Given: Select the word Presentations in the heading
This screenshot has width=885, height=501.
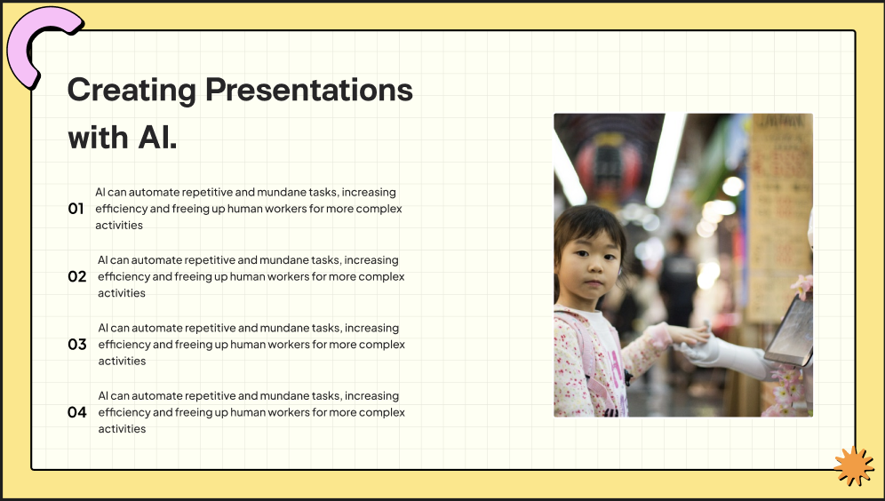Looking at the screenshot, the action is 309,89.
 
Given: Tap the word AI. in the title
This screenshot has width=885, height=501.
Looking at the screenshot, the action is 157,137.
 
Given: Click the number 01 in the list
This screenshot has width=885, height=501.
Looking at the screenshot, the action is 76,209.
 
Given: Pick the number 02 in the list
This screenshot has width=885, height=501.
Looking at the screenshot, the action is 77,276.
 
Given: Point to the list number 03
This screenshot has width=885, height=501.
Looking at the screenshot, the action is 77,344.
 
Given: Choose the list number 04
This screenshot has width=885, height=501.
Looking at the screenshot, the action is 77,412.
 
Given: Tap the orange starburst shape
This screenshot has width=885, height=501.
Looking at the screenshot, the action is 854,465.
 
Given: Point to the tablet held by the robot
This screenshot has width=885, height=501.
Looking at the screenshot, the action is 790,333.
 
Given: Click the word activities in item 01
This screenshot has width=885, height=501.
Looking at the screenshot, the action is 119,225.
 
